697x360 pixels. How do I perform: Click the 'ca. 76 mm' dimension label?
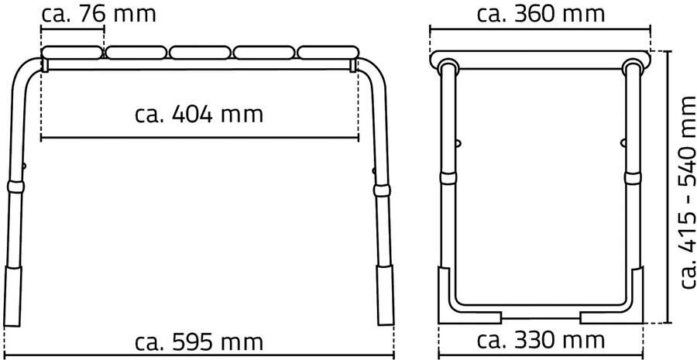pyautogui.click(x=98, y=14)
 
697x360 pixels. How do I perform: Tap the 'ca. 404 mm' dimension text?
pyautogui.click(x=199, y=115)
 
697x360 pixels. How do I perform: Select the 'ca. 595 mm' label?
pyautogui.click(x=199, y=342)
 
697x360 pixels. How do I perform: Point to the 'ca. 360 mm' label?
pyautogui.click(x=541, y=14)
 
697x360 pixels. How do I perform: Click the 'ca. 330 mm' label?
pyautogui.click(x=541, y=341)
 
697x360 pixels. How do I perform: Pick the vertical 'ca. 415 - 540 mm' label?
pyautogui.click(x=686, y=192)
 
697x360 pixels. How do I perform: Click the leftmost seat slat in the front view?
pyautogui.click(x=71, y=53)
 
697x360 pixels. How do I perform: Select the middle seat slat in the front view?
pyautogui.click(x=200, y=53)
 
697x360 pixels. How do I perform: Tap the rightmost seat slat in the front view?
pyautogui.click(x=328, y=53)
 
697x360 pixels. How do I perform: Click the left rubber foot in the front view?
pyautogui.click(x=12, y=296)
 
